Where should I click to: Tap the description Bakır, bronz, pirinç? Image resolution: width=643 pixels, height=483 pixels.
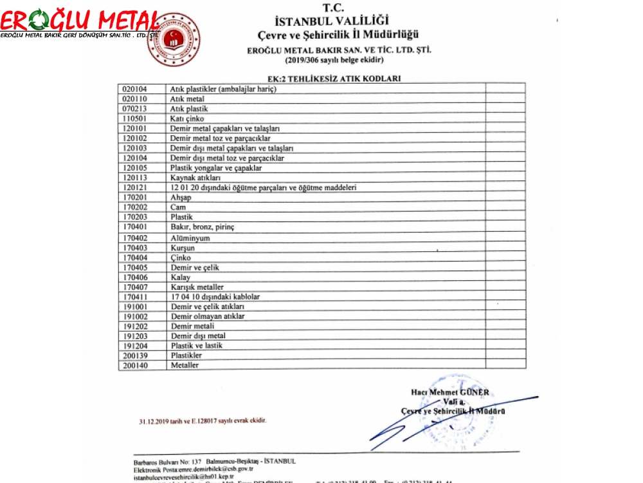(203, 227)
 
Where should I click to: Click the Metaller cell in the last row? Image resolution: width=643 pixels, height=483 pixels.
(185, 365)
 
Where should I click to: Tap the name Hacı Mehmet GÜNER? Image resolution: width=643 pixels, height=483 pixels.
(450, 392)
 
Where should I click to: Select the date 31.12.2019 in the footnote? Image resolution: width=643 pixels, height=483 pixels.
(156, 421)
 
